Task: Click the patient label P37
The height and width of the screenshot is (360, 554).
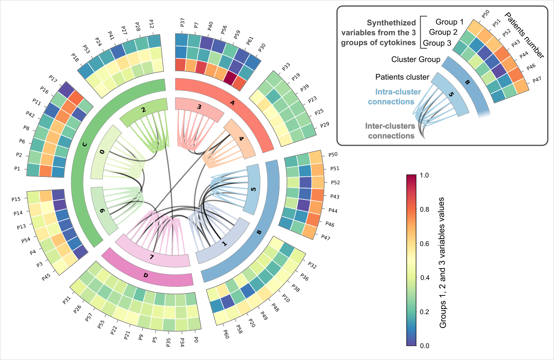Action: tap(182, 23)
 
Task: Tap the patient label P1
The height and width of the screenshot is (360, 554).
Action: tap(17, 169)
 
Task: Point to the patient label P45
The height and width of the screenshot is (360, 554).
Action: tap(46, 278)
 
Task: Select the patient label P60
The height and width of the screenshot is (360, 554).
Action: tap(226, 334)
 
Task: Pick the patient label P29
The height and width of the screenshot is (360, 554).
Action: tap(324, 125)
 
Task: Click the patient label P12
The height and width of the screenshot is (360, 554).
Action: tap(151, 24)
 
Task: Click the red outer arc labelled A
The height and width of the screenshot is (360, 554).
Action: tap(232, 103)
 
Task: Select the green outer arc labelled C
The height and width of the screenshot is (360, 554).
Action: tap(85, 144)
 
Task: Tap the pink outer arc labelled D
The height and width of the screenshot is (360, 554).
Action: tap(146, 275)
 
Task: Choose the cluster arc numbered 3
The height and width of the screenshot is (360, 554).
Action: tap(199, 107)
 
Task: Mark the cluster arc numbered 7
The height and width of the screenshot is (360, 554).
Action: tap(152, 257)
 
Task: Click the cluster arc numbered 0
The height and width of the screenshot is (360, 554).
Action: tap(102, 152)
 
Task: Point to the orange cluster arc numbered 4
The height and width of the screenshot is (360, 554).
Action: tap(241, 139)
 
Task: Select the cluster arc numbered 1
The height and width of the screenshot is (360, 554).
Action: tap(225, 243)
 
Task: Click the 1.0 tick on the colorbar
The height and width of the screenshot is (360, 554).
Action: tap(424, 175)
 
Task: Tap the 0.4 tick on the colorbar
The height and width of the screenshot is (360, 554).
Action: tap(424, 278)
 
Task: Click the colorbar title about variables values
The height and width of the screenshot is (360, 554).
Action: tap(442, 262)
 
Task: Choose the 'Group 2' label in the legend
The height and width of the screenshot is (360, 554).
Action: tap(443, 32)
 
